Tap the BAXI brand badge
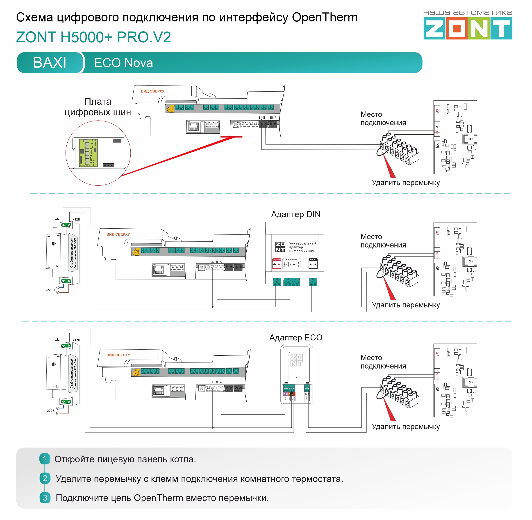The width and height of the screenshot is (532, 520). [x=50, y=63]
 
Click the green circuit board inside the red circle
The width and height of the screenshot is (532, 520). [x=88, y=153]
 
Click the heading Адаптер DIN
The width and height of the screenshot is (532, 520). [x=296, y=214]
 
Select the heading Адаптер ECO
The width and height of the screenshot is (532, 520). [x=296, y=338]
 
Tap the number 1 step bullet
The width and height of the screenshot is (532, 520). [x=45, y=459]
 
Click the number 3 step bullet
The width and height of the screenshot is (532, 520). [x=45, y=497]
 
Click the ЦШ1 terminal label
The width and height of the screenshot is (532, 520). [x=262, y=118]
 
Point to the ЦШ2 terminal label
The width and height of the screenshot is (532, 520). [x=272, y=118]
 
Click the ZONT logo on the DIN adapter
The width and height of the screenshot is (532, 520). [x=280, y=247]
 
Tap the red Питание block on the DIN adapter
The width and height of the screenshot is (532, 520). [x=276, y=263]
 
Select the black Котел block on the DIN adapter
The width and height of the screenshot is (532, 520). [x=313, y=263]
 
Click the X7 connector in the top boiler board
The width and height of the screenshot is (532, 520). [x=471, y=139]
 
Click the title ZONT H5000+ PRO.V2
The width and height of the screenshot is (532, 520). [x=93, y=37]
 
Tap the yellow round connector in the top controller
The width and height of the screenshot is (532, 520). [x=170, y=110]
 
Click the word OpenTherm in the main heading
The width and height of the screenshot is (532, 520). [x=325, y=18]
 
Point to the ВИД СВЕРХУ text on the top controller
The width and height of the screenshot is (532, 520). [x=152, y=91]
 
